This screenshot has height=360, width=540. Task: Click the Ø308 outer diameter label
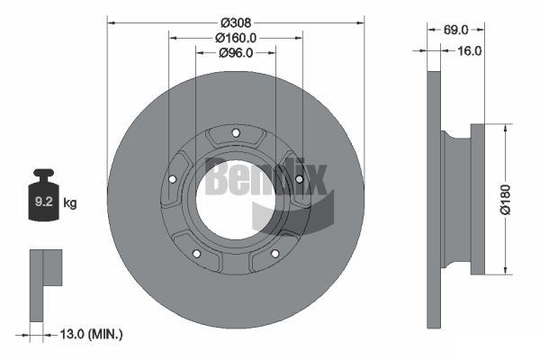pyautogui.click(x=236, y=22)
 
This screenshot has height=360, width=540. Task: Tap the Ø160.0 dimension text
pyautogui.click(x=236, y=38)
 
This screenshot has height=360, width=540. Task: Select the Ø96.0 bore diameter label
pyautogui.click(x=236, y=53)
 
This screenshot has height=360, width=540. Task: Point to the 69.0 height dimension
pyautogui.click(x=455, y=30)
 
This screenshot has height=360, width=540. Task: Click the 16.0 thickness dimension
pyautogui.click(x=470, y=51)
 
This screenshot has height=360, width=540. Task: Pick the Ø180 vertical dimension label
pyautogui.click(x=506, y=200)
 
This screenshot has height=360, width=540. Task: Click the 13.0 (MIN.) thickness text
pyautogui.click(x=91, y=334)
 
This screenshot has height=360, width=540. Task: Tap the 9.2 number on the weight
pyautogui.click(x=44, y=202)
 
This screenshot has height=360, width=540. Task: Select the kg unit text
pyautogui.click(x=70, y=202)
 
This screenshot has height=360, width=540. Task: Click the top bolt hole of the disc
pyautogui.click(x=236, y=132)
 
